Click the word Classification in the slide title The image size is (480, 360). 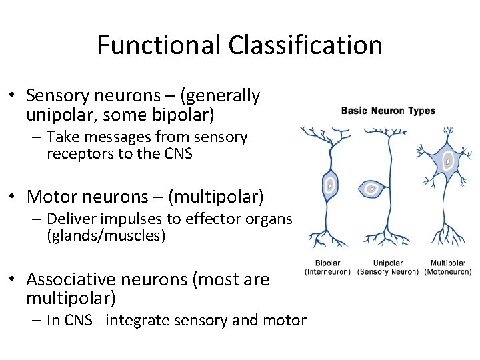pyautogui.click(x=305, y=45)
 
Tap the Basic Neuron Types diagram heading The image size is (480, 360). pyautogui.click(x=388, y=111)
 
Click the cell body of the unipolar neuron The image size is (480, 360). pyautogui.click(x=371, y=189)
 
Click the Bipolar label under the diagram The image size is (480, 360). pyautogui.click(x=327, y=263)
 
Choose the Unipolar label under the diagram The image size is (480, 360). pyautogui.click(x=388, y=263)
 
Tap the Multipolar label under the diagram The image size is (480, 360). pyautogui.click(x=448, y=263)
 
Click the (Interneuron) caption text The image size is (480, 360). pyautogui.click(x=327, y=272)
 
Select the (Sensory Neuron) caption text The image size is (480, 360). pyautogui.click(x=388, y=272)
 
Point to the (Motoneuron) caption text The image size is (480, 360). pyautogui.click(x=448, y=272)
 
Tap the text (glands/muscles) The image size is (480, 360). pyautogui.click(x=106, y=235)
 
